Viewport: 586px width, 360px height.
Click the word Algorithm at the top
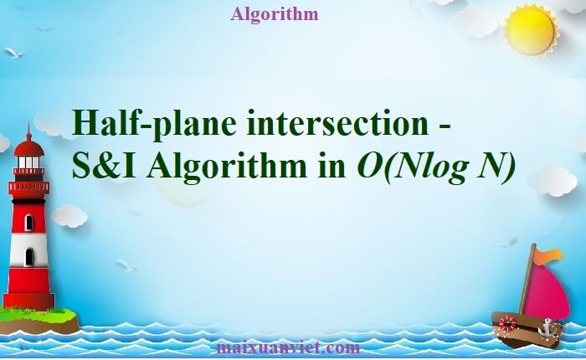point(273,13)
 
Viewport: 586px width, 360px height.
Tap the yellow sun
point(529,32)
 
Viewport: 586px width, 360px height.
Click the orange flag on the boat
point(550,255)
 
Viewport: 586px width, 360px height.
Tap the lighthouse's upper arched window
point(28,222)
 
